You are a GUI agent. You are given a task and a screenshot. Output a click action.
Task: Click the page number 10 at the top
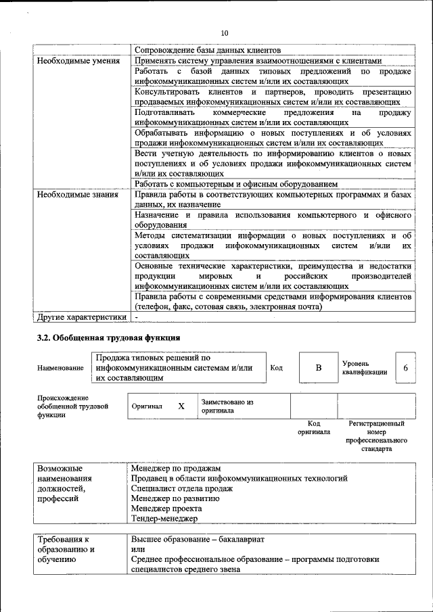point(225,33)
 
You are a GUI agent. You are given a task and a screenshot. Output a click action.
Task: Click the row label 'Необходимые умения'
point(75,61)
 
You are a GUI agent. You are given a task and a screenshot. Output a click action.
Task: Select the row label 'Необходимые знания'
point(75,195)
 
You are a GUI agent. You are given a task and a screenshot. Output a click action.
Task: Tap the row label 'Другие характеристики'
point(82,316)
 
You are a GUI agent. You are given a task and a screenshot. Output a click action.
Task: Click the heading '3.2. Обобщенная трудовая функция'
point(108,337)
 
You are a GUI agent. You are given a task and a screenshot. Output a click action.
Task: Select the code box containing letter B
point(318,368)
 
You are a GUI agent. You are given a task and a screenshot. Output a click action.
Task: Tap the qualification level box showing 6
point(405,368)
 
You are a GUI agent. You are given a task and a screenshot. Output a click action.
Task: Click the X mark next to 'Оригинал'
point(181,406)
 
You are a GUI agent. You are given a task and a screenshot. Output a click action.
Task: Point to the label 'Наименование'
point(61,368)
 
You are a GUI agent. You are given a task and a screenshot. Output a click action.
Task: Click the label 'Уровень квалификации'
point(365,368)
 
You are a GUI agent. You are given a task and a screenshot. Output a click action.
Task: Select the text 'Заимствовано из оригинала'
point(227,406)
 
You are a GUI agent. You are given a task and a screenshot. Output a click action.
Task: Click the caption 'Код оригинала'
point(313,427)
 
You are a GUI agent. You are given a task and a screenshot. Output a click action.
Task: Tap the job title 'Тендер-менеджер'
point(164,519)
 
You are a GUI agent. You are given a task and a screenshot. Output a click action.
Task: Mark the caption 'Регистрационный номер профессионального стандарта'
point(376,436)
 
